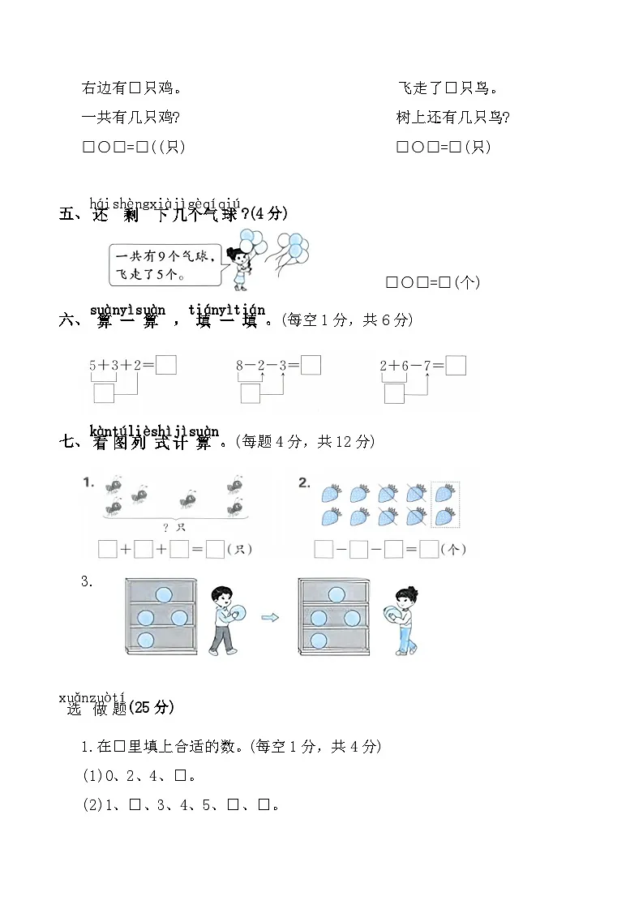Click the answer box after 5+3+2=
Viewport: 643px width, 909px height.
click(x=166, y=366)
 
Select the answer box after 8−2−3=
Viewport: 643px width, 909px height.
click(x=311, y=366)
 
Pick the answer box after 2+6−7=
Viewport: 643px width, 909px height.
click(x=456, y=366)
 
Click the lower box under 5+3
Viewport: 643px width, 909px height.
click(x=104, y=394)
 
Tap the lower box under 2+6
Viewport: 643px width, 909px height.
click(x=394, y=394)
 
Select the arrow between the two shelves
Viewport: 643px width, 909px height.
click(x=270, y=618)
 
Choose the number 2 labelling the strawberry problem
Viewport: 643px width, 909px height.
click(x=304, y=482)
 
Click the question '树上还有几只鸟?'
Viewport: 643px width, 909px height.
click(x=452, y=118)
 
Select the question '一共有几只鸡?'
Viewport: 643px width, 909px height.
click(x=131, y=118)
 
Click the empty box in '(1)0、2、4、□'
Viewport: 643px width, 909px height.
click(x=182, y=776)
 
